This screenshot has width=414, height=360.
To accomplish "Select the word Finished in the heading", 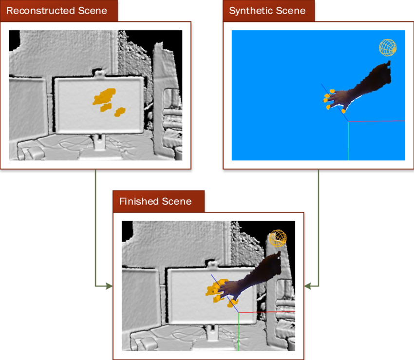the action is click(138, 201).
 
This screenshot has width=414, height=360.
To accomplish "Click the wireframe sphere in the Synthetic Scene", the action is click(388, 48).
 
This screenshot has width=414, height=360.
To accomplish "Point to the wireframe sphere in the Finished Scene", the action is click(278, 238).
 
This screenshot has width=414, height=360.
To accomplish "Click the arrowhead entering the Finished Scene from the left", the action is click(109, 286).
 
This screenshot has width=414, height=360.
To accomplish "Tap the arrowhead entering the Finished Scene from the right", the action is click(308, 286).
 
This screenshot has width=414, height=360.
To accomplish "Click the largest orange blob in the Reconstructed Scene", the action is click(105, 96).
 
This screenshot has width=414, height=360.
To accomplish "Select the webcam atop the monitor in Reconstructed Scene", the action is click(99, 73).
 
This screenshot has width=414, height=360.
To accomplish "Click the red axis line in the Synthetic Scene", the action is click(377, 121).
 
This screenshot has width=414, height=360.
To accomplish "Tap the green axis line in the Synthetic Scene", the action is click(348, 141).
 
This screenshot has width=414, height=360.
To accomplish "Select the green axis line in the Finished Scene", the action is click(239, 331).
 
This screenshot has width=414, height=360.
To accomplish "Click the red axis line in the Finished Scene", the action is click(267, 312).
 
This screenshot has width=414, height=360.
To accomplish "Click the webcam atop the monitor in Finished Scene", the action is click(212, 264).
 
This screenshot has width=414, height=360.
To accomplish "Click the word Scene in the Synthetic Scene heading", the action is click(290, 11).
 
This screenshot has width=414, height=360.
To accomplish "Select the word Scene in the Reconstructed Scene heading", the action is click(93, 11).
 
